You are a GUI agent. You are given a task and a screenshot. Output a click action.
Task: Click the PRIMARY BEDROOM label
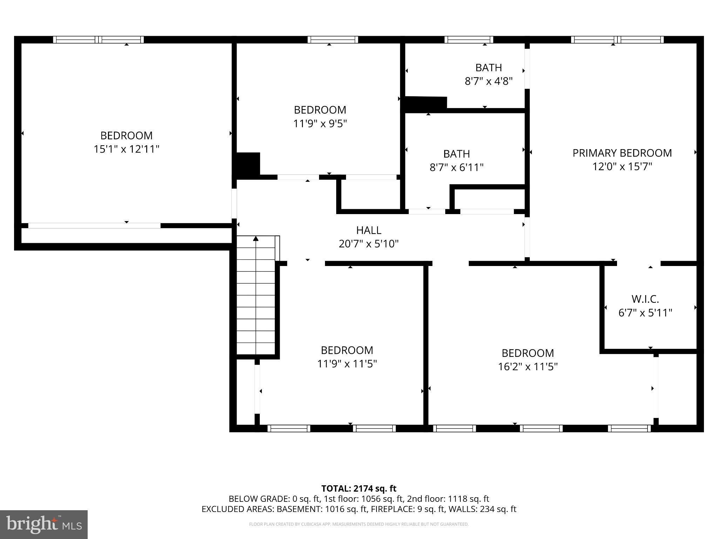[x=622, y=153]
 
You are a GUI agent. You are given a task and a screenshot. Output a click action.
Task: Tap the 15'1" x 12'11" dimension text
[x=126, y=149]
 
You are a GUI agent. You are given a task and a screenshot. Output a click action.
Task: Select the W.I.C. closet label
[x=645, y=299]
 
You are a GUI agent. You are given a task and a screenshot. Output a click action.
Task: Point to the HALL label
[x=368, y=230]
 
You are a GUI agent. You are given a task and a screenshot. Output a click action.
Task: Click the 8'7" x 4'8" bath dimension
[x=488, y=81]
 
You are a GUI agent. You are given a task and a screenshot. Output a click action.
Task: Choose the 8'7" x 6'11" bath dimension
[x=456, y=167]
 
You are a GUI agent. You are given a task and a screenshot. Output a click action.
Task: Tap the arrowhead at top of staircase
[x=256, y=239]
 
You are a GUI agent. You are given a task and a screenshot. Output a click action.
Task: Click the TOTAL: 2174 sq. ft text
[x=359, y=488]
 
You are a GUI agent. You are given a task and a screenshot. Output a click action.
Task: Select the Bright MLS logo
[x=44, y=524]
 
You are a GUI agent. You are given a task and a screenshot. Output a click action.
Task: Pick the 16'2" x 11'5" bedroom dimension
[x=528, y=367]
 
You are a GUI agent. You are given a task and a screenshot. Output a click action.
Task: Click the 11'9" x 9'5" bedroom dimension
[x=320, y=124]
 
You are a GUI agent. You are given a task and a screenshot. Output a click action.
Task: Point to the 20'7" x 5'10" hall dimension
[x=368, y=244]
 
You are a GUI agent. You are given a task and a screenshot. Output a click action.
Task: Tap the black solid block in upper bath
[x=426, y=104]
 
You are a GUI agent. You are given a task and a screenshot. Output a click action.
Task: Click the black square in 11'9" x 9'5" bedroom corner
[x=248, y=164]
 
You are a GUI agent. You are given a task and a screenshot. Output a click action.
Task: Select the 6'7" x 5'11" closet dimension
[x=645, y=313]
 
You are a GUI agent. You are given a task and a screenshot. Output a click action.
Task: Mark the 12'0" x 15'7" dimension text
[x=622, y=167]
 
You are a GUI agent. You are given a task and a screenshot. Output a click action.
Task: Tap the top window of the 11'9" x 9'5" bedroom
[x=333, y=40]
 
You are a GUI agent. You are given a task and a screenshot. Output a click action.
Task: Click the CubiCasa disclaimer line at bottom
[x=359, y=524]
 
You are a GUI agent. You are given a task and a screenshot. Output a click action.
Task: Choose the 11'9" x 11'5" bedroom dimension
[x=347, y=364]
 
